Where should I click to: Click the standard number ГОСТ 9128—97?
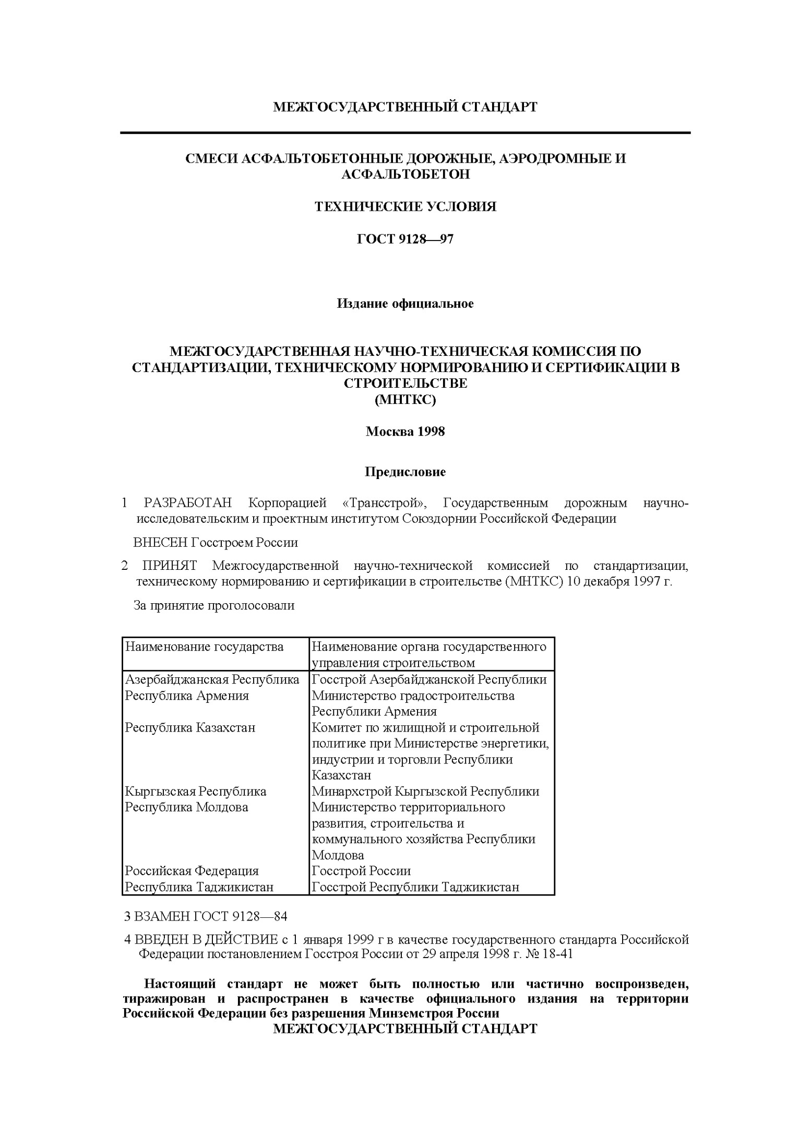tap(405, 239)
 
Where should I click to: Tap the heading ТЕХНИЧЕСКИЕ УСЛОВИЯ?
tap(405, 207)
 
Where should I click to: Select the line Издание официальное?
tap(405, 304)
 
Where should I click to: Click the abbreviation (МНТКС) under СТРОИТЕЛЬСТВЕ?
tap(405, 400)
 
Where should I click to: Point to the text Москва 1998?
tap(405, 432)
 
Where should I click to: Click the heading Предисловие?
tap(405, 472)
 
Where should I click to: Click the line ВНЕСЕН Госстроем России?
tap(216, 543)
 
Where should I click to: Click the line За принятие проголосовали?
tap(214, 605)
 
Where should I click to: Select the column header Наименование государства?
tap(204, 647)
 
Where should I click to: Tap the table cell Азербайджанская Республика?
tap(212, 679)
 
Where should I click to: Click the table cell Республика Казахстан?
tap(190, 727)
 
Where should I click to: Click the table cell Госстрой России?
tap(361, 871)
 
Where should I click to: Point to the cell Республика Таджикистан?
tap(199, 887)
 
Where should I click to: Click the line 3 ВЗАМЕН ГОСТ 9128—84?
tap(206, 917)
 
